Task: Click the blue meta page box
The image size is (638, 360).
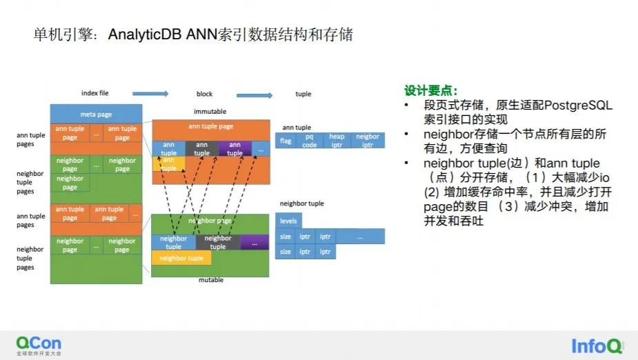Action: (96, 114)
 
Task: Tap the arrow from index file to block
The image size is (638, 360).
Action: (150, 94)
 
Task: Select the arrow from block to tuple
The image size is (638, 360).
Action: (255, 95)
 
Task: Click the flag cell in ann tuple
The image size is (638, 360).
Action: (286, 141)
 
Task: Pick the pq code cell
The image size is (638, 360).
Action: (309, 141)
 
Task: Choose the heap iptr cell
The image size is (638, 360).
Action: (337, 141)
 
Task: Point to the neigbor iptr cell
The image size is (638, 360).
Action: (368, 141)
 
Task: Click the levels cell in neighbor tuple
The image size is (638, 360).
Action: (288, 221)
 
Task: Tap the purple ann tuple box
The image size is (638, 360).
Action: (235, 149)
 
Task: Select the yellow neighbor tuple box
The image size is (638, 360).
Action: (181, 258)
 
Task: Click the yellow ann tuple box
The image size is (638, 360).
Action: (168, 164)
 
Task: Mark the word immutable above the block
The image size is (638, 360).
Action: (210, 112)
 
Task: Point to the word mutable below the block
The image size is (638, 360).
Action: (211, 280)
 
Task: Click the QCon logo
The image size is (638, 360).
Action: (39, 346)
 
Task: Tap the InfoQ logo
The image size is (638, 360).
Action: (597, 346)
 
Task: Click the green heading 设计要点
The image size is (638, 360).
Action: (430, 91)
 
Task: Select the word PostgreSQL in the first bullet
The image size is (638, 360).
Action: (578, 106)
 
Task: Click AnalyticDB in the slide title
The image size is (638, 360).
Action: (144, 34)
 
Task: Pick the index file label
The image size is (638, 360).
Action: (94, 93)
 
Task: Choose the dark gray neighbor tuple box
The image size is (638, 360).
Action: (218, 243)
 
